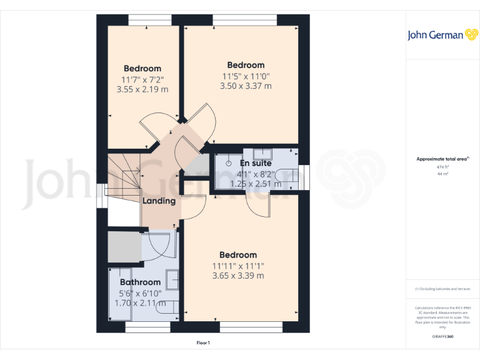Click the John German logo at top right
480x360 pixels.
tap(442, 35)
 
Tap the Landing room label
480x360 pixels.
tap(159, 201)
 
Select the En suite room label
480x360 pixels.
tap(255, 163)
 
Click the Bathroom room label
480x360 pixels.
tap(140, 282)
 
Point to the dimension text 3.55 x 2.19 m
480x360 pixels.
tap(142, 89)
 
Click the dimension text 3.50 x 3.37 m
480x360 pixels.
tap(246, 86)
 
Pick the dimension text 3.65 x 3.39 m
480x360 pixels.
tap(238, 276)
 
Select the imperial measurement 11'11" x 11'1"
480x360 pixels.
tap(238, 266)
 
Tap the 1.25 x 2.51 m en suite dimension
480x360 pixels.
tap(256, 184)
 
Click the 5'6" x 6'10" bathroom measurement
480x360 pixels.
tap(140, 293)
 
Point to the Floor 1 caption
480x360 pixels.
tap(203, 343)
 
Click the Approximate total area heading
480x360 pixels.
tap(442, 159)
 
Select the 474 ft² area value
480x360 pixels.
tap(442, 167)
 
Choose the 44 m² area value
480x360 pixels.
tap(442, 174)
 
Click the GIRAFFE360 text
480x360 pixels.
tap(442, 337)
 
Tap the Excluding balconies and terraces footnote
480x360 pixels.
tap(442, 289)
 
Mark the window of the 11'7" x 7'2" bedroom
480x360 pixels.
tap(146, 20)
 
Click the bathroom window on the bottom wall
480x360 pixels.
tap(143, 327)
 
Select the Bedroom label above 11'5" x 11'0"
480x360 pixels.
tap(246, 65)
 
